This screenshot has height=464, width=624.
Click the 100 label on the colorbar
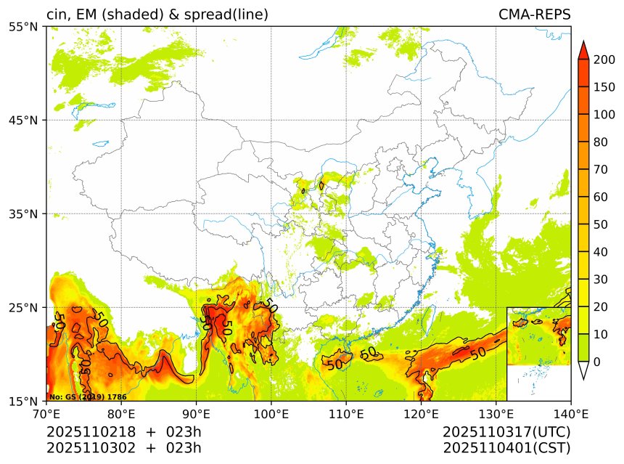pos(604,115)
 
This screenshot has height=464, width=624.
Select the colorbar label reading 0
pos(596,362)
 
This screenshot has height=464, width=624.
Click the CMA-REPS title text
pos(534,15)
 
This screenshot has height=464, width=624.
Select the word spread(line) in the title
pos(228,15)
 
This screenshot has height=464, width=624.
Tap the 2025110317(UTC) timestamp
pos(506,433)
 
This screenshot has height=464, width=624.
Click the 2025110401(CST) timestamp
pos(506,448)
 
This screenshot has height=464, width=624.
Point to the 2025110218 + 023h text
pos(123,433)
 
